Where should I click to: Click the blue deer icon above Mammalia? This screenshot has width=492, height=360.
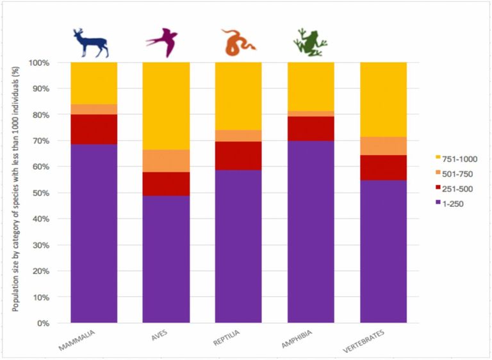92,43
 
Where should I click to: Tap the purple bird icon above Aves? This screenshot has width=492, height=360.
165,42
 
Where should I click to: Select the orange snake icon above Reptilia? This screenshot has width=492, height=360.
238,42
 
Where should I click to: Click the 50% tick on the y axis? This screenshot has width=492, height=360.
42,193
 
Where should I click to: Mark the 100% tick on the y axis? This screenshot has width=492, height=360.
40,63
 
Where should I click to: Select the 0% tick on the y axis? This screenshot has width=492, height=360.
44,323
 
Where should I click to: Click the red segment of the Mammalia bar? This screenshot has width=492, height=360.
94,129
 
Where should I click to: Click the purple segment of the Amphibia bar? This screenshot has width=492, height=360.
311,231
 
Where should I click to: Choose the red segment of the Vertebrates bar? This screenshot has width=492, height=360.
383,167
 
